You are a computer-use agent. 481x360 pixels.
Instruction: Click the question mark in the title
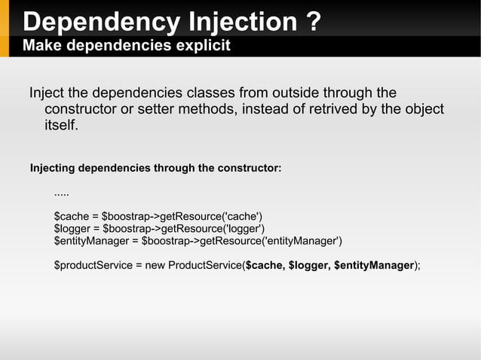pos(314,21)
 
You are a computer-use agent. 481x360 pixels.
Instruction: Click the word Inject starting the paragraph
pos(47,93)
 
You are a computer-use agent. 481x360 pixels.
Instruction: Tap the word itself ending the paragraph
pos(60,125)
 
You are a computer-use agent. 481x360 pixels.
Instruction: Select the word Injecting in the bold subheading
pos(52,167)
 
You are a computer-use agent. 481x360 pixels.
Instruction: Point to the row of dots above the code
pos(62,194)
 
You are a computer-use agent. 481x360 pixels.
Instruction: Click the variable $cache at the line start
pos(70,217)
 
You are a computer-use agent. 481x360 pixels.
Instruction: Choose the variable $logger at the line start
pos(72,229)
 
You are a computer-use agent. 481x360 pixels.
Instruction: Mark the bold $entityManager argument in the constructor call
pos(374,265)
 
